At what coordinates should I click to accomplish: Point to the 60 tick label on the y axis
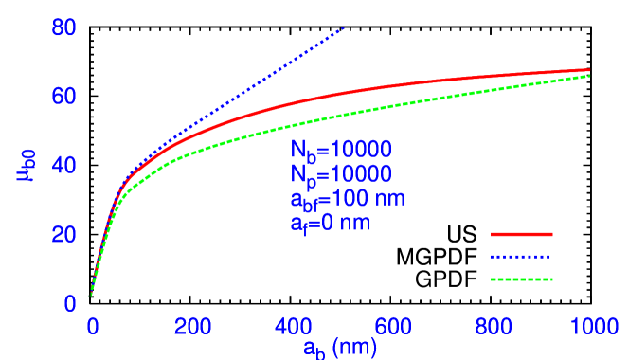63,97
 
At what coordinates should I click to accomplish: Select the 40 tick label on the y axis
63,166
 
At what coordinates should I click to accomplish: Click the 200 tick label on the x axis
193,327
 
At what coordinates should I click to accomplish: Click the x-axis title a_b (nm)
340,348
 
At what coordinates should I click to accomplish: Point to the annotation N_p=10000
340,174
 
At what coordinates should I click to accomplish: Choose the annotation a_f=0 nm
330,224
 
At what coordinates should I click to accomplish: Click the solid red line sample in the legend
521,233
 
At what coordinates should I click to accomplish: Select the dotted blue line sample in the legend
521,257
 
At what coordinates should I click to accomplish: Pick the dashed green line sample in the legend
521,279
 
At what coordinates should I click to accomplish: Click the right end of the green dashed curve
589,75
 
